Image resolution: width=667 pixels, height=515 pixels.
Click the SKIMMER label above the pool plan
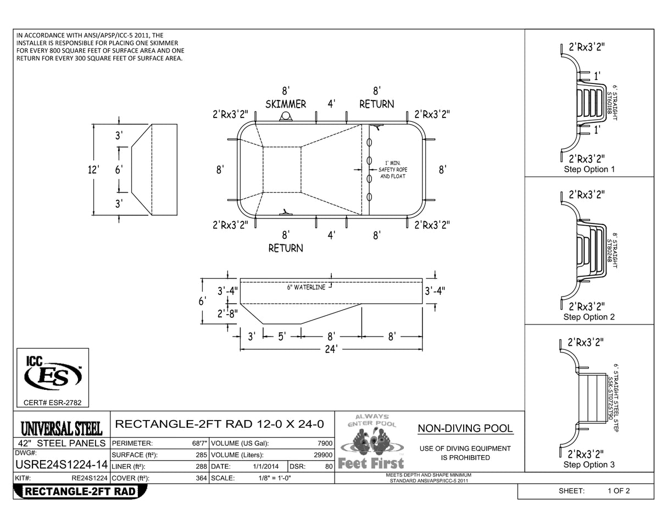pos(286,104)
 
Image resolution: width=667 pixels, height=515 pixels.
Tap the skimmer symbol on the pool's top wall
pos(286,116)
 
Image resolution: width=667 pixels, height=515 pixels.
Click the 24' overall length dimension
pos(330,349)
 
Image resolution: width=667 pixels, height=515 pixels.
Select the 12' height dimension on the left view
pos(94,170)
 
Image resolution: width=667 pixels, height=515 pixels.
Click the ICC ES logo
pos(53,374)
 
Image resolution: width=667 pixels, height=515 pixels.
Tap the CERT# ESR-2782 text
pos(53,403)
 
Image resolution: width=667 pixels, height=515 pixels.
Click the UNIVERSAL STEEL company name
pos(61,428)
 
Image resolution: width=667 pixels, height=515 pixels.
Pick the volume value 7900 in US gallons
pos(325,443)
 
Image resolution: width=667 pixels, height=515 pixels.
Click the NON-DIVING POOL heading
pos(465,429)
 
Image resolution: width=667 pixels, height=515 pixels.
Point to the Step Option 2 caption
pos(589,317)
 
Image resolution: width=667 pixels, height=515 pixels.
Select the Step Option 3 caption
pos(589,464)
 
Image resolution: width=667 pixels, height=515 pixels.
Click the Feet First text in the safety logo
pos(371,463)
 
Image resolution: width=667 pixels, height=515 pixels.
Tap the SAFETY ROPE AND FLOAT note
pos(393,170)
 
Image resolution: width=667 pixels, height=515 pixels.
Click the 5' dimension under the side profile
pos(282,337)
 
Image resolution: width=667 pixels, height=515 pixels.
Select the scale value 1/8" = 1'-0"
pos(274,478)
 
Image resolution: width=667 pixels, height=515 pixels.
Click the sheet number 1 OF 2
pos(618,491)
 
